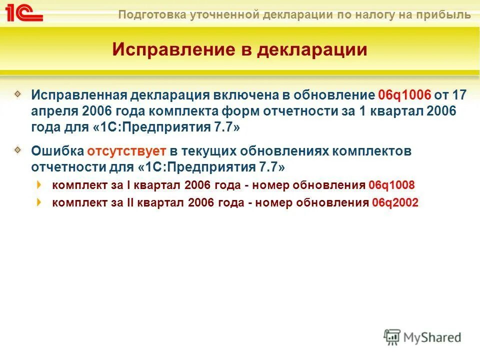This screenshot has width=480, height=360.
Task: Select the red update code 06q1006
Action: (x=404, y=95)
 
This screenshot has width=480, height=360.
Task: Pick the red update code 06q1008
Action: (x=391, y=185)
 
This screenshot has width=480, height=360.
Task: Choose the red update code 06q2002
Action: (x=395, y=202)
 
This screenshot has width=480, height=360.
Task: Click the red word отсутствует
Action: (x=126, y=150)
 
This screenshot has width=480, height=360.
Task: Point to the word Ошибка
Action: (x=57, y=150)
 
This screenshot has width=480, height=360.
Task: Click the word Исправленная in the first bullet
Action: (x=77, y=95)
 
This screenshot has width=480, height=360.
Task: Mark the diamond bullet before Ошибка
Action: (x=18, y=149)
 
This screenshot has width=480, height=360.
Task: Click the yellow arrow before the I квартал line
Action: (x=39, y=184)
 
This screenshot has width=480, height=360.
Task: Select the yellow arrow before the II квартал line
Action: (x=39, y=202)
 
